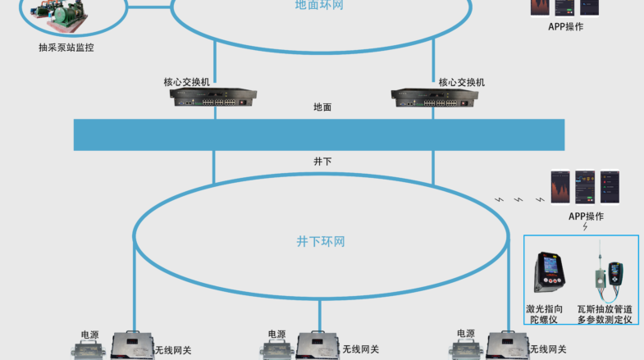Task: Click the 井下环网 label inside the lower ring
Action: (321, 241)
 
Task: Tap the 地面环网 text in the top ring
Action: (319, 5)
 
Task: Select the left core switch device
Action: (213, 98)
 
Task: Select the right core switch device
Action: (435, 98)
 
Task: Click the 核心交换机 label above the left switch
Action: (187, 82)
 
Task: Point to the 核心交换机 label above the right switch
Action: (462, 83)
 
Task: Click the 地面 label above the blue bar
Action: (322, 107)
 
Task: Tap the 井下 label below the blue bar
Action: (322, 162)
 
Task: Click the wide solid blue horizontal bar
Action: (319, 135)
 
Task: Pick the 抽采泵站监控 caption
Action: (66, 48)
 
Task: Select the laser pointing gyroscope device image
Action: (549, 272)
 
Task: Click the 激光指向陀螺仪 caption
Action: (544, 314)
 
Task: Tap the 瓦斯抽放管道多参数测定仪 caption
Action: (605, 314)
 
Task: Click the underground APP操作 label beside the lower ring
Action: (586, 216)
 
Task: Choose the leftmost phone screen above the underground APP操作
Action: (560, 187)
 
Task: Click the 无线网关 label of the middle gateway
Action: (361, 349)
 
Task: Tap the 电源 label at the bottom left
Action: (90, 335)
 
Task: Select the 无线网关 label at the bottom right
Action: (548, 349)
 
